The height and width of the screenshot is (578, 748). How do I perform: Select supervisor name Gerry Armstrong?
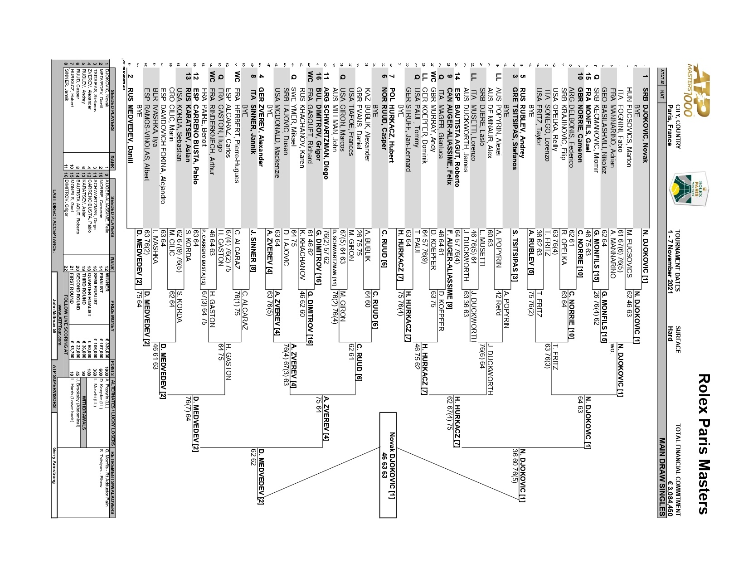pyautogui.click(x=55, y=465)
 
